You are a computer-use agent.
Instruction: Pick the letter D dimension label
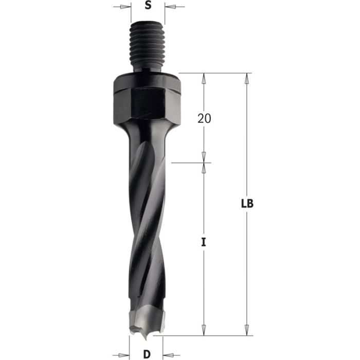click(146, 354)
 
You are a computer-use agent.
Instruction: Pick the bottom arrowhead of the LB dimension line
click(247, 329)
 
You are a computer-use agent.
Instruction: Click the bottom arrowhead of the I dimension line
click(204, 329)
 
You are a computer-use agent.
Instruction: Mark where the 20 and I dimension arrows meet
click(204, 163)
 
